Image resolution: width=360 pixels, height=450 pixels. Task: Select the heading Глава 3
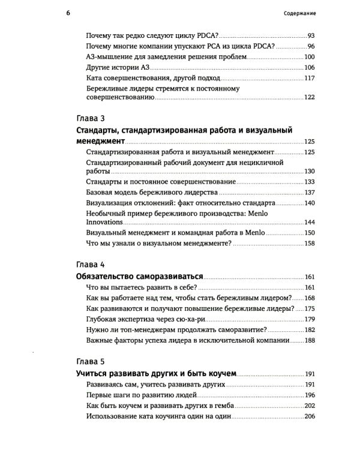point(91,118)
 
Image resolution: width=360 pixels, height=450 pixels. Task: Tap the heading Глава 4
point(91,265)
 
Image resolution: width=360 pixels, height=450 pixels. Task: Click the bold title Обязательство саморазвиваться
point(140,277)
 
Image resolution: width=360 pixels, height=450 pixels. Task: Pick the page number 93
point(310,36)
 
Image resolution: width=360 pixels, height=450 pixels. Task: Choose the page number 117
point(309,77)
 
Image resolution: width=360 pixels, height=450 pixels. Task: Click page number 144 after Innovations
point(309,222)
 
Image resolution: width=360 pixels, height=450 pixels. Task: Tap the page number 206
point(309,416)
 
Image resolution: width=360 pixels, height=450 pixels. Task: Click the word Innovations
point(104,222)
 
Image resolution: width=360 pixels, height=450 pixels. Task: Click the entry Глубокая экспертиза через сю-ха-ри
point(154,319)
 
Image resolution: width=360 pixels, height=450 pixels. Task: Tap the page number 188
point(309,340)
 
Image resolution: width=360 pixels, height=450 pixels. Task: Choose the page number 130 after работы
point(309,172)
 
